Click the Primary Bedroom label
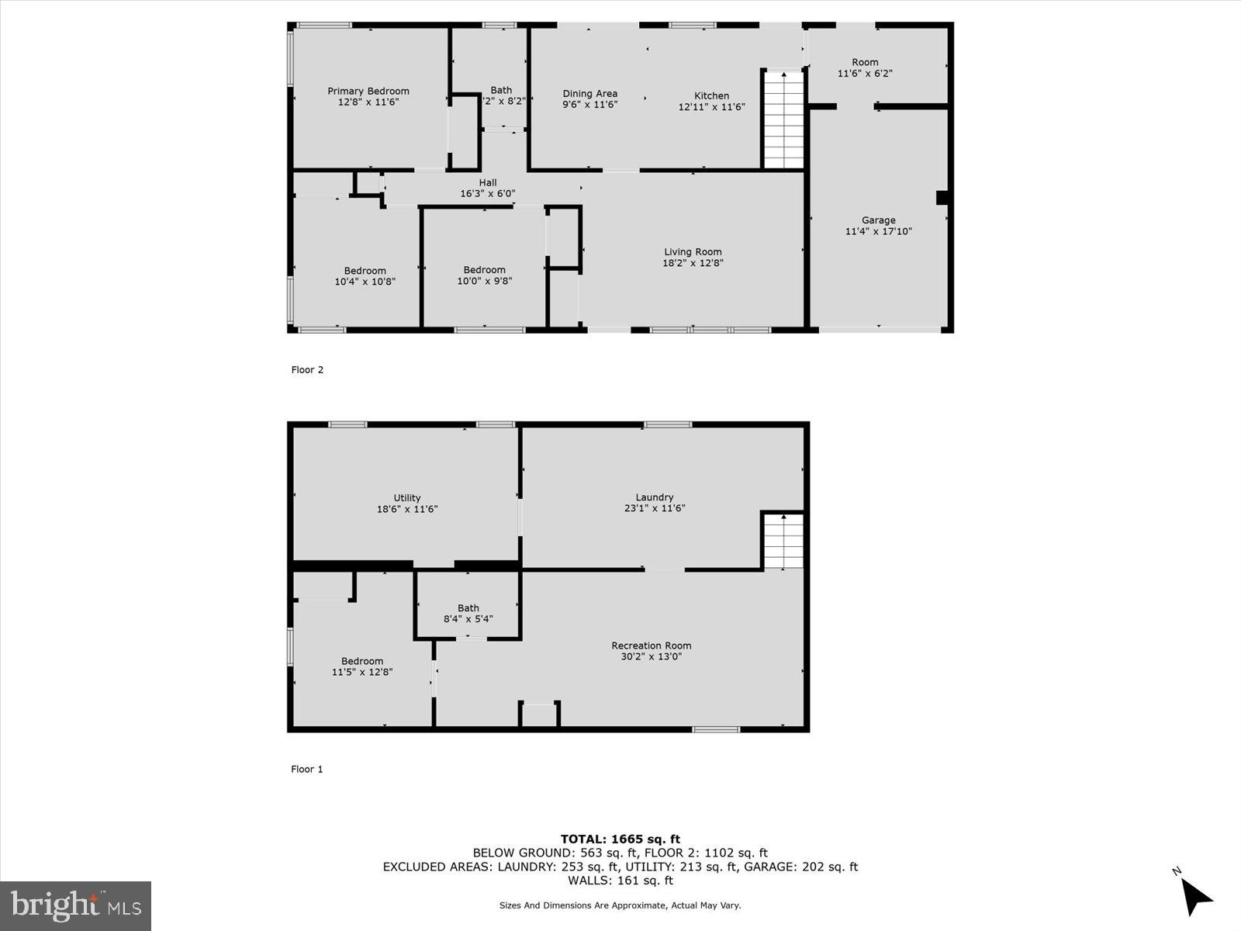click(x=368, y=92)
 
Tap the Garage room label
click(x=878, y=220)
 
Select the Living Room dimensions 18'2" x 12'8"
click(x=693, y=263)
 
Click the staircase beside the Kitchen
click(x=783, y=119)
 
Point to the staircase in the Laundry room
click(x=783, y=541)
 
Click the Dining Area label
click(x=589, y=94)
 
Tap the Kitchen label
click(x=711, y=96)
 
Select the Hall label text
click(x=487, y=183)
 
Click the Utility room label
click(x=406, y=498)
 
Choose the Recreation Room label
click(x=651, y=645)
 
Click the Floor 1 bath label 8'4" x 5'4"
click(x=468, y=619)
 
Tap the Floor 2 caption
click(x=307, y=370)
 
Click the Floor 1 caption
click(x=306, y=770)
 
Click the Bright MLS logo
click(x=75, y=906)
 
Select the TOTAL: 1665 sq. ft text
click(x=620, y=839)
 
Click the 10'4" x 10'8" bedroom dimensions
click(x=365, y=282)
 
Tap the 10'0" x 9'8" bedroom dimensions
click(x=484, y=282)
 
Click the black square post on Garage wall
click(x=942, y=198)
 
